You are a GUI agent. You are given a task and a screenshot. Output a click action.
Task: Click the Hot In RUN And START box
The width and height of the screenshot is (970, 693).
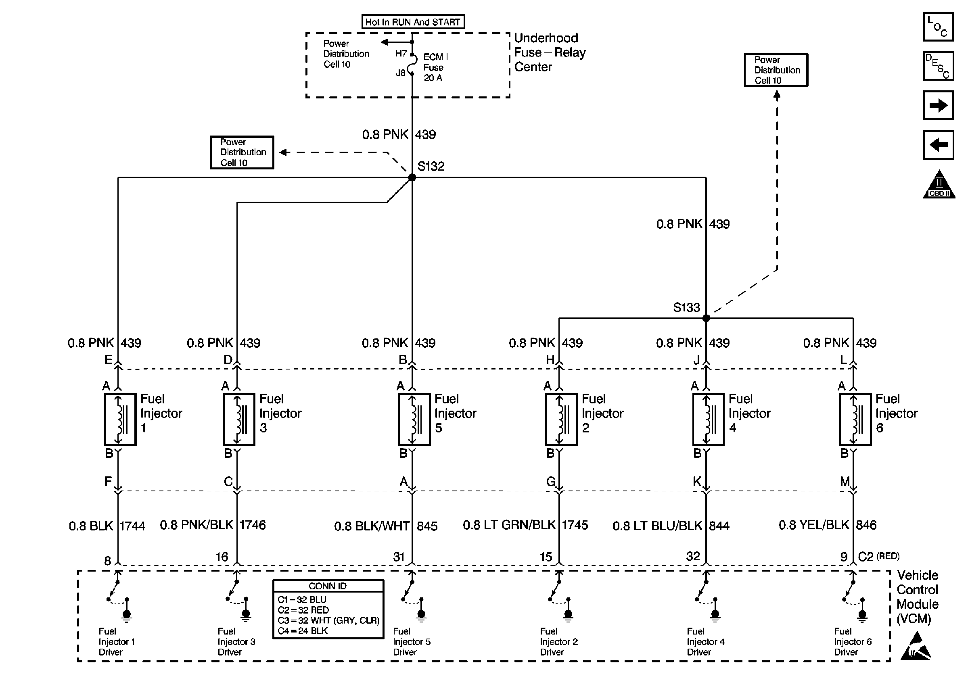click(x=413, y=22)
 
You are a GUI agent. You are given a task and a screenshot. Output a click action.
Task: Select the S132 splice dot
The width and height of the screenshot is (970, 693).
click(x=412, y=177)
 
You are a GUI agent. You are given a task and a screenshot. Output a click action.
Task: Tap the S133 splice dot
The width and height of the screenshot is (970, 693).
click(x=706, y=318)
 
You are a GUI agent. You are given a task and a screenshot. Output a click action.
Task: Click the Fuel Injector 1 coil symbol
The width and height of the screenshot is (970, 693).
click(x=120, y=420)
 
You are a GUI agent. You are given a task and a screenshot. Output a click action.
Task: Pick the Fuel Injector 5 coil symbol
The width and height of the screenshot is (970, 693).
click(x=414, y=420)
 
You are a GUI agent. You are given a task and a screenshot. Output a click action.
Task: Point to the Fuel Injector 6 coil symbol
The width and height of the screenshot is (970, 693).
click(x=855, y=420)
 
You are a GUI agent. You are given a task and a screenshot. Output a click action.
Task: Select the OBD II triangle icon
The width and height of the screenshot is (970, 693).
click(x=939, y=185)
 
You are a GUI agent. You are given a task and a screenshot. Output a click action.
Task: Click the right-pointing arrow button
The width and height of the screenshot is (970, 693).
click(x=938, y=105)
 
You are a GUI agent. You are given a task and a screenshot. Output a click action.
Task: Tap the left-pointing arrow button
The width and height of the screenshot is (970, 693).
click(x=938, y=145)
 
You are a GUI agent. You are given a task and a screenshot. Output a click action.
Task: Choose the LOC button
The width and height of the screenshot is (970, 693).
click(x=938, y=27)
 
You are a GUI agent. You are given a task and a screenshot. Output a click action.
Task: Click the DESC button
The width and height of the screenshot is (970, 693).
click(x=938, y=66)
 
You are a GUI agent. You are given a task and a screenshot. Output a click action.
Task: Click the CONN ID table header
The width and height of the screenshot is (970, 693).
click(x=328, y=586)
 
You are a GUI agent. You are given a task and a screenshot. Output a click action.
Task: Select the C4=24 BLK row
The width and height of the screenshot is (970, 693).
click(x=303, y=631)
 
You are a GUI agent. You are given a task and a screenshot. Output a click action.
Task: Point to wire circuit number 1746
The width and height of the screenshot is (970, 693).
click(x=253, y=525)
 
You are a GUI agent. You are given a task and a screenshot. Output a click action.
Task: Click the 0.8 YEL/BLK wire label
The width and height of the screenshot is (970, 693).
click(x=813, y=525)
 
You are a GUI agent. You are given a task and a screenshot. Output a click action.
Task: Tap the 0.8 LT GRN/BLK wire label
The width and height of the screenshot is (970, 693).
click(x=509, y=525)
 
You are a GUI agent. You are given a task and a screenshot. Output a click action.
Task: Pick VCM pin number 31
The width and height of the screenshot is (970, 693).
click(x=399, y=557)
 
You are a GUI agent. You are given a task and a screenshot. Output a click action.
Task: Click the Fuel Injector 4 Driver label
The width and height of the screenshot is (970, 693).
click(x=705, y=641)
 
